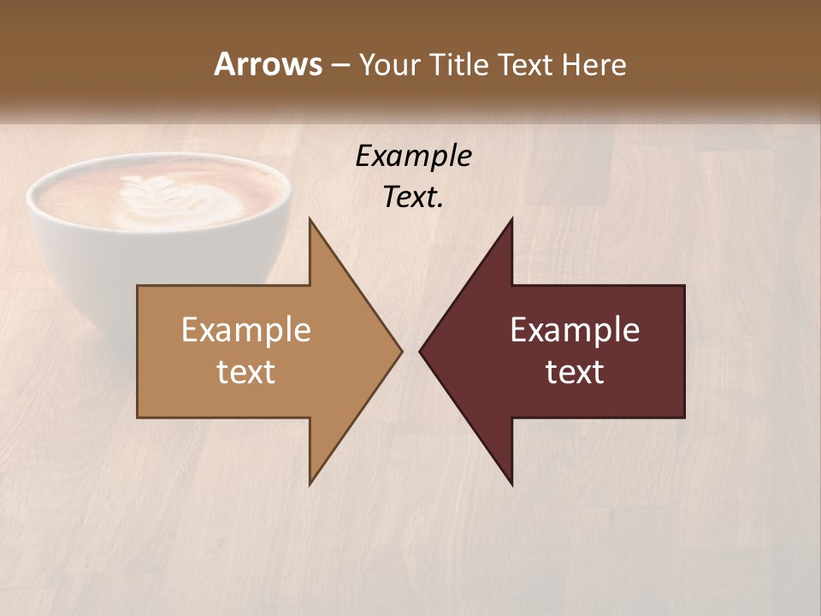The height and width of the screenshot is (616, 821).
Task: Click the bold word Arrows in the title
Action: (x=268, y=64)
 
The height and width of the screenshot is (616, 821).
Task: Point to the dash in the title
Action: (x=340, y=65)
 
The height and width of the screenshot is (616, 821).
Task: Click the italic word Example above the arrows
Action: (x=413, y=157)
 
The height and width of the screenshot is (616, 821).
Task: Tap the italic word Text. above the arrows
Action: (x=413, y=198)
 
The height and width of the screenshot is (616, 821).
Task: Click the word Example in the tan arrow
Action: (x=246, y=330)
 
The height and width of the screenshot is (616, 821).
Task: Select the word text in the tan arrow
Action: (x=246, y=372)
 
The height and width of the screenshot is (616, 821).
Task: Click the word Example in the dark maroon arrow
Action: (x=575, y=330)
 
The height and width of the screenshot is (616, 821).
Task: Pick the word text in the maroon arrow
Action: (x=575, y=372)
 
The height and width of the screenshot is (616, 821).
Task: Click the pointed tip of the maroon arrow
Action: (x=422, y=351)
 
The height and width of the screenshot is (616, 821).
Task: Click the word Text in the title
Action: (x=527, y=64)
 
